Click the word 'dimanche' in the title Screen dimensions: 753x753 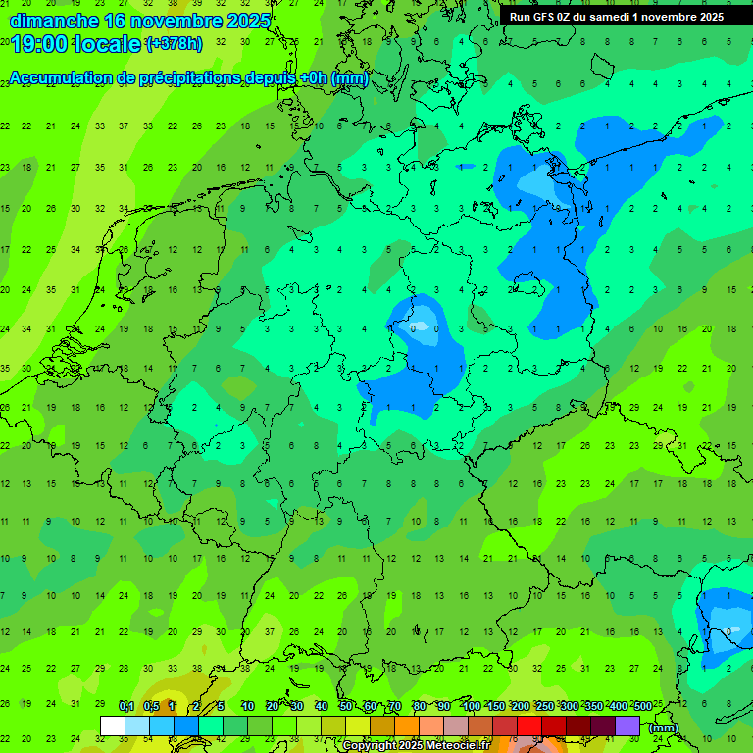(54, 20)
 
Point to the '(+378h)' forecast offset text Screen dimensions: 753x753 (174, 44)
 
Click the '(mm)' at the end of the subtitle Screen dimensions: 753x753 (349, 78)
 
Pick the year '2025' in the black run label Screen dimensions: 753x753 (706, 16)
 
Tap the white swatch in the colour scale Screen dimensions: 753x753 (113, 726)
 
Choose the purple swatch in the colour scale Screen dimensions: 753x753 (627, 726)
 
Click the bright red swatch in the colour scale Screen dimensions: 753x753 (529, 726)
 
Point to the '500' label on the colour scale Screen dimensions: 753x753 (642, 706)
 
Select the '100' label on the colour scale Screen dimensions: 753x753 (472, 706)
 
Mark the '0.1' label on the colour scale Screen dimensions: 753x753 (125, 706)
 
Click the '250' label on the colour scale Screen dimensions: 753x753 (544, 706)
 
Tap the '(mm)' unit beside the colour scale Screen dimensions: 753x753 (663, 728)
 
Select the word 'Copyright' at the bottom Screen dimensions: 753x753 (370, 746)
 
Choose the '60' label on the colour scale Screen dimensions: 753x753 (371, 706)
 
